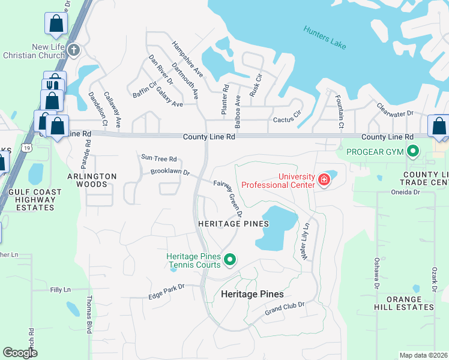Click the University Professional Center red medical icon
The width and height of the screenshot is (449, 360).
(324, 179)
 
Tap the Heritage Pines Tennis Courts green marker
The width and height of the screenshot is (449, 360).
(229, 260)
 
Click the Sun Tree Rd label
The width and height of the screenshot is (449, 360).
(158, 159)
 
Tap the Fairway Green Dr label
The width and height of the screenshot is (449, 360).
(229, 199)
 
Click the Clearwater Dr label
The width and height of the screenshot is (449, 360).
(396, 109)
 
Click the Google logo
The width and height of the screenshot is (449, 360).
(20, 353)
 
